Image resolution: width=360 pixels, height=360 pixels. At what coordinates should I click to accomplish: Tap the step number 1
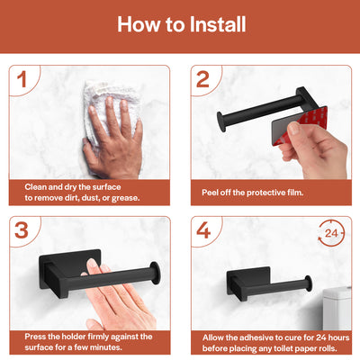22,79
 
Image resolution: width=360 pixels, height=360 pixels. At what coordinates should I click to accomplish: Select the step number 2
202,79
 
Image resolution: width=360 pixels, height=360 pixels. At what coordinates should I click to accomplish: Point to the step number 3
22,230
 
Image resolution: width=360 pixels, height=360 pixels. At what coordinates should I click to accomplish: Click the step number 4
203,230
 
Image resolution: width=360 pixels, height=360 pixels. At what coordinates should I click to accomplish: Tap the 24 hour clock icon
331,233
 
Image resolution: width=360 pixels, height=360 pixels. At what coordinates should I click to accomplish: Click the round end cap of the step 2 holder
221,121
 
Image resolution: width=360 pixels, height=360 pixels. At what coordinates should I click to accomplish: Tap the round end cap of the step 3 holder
155,273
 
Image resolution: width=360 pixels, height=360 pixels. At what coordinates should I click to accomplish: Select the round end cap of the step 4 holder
308,284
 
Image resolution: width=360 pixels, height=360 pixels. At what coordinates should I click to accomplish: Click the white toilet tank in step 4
337,308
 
